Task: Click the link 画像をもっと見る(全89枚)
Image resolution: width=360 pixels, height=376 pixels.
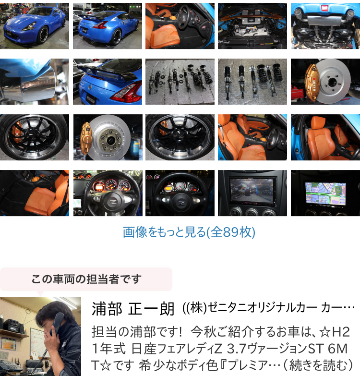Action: point(189,232)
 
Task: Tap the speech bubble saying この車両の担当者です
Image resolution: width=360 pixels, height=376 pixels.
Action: point(86,279)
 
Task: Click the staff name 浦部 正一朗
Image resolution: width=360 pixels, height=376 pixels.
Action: point(133,309)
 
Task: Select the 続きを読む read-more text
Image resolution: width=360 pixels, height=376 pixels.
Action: point(321,365)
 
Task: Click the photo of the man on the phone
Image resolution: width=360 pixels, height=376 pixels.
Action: point(40,337)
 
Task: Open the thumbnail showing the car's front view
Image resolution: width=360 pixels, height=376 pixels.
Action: point(35,26)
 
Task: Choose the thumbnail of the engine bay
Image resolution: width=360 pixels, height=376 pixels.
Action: point(252,26)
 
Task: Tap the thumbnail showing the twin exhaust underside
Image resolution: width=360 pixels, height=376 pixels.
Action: point(325,26)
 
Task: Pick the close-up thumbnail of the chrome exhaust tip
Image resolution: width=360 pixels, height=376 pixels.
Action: point(35,82)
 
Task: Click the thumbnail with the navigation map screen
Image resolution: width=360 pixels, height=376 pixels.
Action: point(325,193)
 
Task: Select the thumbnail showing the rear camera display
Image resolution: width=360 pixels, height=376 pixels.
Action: point(252,193)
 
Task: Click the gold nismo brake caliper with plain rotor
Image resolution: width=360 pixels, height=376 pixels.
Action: point(325,82)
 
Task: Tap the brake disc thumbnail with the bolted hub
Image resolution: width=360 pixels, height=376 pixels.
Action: point(108,137)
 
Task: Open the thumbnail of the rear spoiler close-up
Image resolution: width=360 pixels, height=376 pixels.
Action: point(108,82)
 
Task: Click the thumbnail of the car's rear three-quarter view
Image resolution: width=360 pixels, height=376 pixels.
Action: point(108,26)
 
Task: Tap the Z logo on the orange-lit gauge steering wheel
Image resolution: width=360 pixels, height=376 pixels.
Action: point(112,202)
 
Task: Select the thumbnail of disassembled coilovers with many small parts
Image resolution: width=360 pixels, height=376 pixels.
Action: point(180,82)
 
